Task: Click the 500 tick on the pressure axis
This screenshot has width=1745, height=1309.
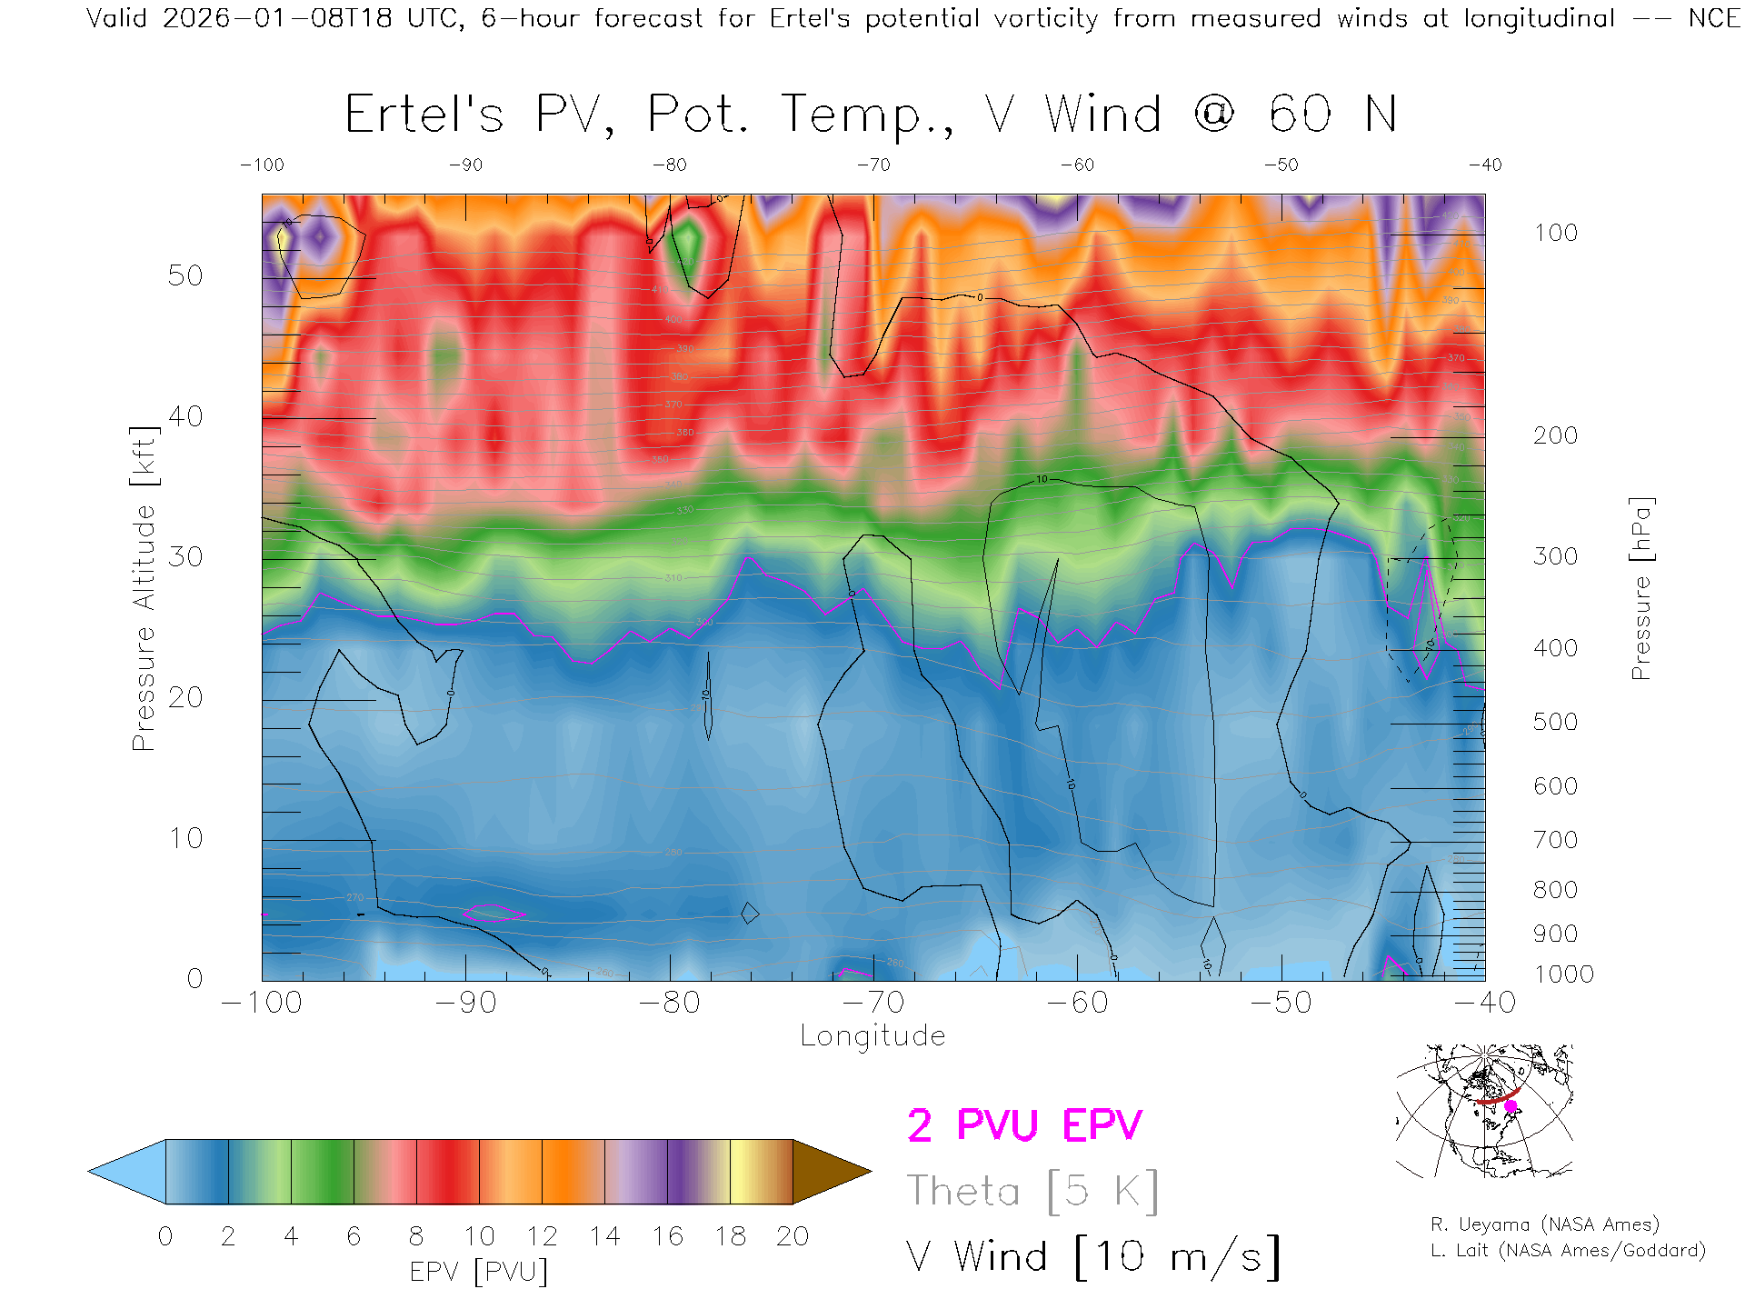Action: click(1555, 722)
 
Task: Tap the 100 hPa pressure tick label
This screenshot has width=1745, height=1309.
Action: click(1555, 233)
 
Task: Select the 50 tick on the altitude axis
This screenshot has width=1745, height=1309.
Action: click(184, 275)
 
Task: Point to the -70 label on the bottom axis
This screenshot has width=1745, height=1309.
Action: click(873, 1003)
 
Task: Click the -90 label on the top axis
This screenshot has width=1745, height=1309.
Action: click(465, 165)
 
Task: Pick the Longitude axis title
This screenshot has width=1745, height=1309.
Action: click(872, 1036)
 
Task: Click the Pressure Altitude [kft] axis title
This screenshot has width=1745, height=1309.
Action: click(144, 588)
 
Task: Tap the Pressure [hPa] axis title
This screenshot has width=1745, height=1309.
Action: click(1640, 588)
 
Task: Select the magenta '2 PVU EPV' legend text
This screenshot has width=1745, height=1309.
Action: click(1024, 1125)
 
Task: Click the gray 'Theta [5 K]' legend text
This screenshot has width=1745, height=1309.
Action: click(1032, 1191)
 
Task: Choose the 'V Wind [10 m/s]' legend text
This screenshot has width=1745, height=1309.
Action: click(1092, 1257)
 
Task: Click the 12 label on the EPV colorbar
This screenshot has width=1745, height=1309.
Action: click(542, 1236)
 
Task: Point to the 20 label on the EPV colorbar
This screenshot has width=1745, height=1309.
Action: click(793, 1236)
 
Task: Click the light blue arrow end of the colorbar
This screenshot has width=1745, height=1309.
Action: click(128, 1172)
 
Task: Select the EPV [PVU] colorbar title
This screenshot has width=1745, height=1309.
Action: click(479, 1272)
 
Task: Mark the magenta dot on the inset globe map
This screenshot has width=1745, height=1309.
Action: click(1511, 1106)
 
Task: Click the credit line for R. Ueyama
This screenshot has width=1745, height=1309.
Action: click(1544, 1224)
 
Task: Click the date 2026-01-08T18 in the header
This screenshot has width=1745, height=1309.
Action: click(277, 18)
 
